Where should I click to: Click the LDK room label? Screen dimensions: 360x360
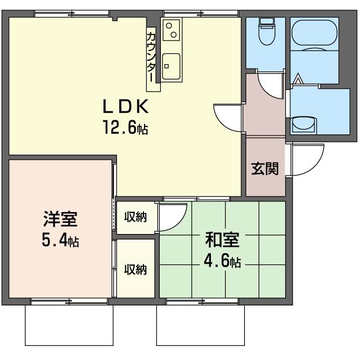(x=124, y=106)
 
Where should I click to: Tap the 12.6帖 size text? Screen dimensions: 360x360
(x=124, y=128)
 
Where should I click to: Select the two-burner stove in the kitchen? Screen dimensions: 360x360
(x=171, y=29)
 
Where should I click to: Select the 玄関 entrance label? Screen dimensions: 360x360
(x=264, y=168)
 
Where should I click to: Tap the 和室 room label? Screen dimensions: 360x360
(x=222, y=240)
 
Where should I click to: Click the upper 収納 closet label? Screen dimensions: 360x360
(x=136, y=217)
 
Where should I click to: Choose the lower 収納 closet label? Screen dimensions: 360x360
(x=136, y=269)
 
